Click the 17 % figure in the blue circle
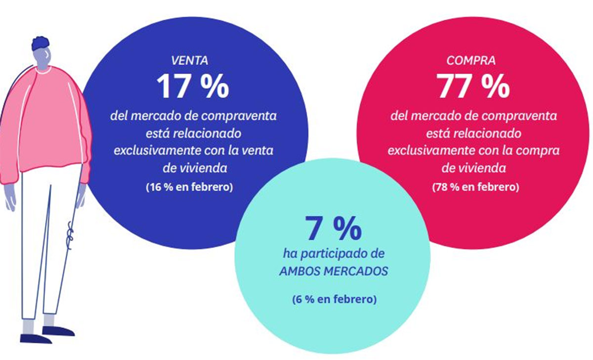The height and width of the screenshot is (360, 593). pos(193,87)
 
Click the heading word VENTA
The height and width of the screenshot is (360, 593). pos(189,61)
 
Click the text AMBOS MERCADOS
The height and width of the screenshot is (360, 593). pos(333,272)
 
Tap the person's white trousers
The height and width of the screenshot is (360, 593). pos(47,237)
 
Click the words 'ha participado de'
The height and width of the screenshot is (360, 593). pos(333,255)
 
